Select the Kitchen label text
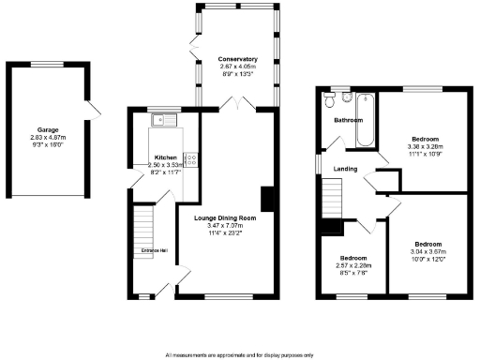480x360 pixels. (165, 157)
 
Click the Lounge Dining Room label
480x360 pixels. (225, 217)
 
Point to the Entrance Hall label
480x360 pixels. (153, 251)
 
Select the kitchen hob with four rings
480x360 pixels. (191, 159)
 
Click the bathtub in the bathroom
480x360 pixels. (366, 120)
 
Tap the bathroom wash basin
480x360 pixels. (330, 96)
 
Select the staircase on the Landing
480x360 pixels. (333, 199)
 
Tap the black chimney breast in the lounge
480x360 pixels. (269, 198)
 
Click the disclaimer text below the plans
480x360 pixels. (239, 355)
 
